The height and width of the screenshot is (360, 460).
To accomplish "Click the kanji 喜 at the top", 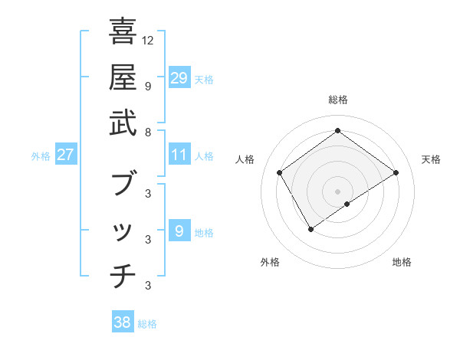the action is point(123,32).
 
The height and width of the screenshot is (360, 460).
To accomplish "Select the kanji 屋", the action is point(123,77).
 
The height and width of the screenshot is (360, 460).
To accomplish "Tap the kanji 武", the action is point(123,122).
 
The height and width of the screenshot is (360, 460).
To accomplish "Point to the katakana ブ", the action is point(123,184).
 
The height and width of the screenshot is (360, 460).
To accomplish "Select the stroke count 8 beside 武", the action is point(149,132).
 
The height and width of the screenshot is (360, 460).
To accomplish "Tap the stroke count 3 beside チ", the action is point(149,286).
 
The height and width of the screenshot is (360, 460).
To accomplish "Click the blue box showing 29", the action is point(179,77).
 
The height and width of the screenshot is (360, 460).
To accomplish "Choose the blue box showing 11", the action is point(179,155).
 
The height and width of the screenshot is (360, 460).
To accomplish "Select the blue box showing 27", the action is point(66,155).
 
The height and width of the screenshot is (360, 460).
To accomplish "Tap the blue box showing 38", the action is point(123,322).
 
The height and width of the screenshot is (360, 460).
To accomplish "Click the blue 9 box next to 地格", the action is point(179,231).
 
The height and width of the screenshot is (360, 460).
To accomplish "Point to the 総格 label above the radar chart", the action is point(338,100).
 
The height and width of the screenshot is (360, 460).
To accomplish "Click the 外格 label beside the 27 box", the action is point(41,156).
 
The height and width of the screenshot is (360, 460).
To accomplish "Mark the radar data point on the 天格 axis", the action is point(396,173).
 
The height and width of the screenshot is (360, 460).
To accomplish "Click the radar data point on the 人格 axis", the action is point(279,173).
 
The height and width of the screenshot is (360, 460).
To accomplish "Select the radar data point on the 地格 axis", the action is point(347,204).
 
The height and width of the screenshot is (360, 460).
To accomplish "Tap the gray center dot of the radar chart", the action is point(338,190).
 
